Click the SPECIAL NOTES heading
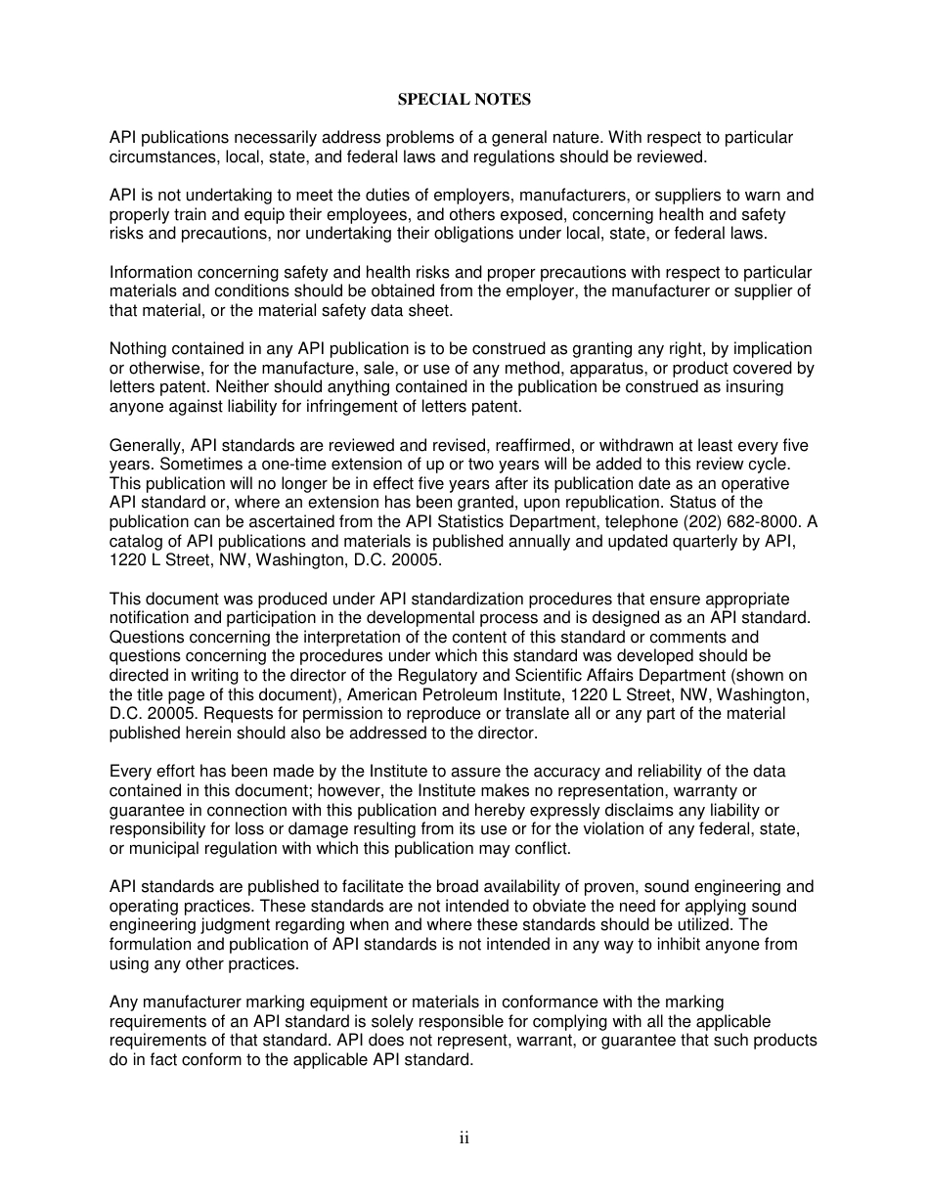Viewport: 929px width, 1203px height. tap(464, 100)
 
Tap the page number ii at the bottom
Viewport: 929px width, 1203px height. tap(464, 1137)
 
